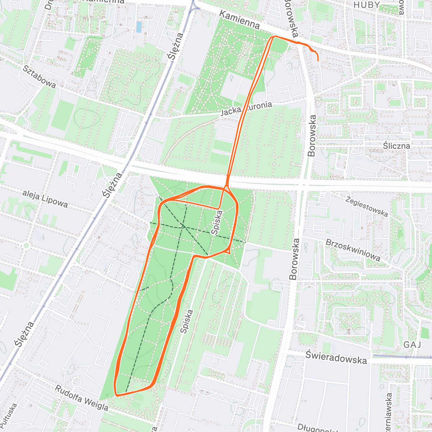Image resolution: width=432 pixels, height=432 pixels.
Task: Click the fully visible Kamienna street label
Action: (x=239, y=20)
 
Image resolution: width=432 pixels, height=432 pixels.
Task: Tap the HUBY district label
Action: (x=366, y=5)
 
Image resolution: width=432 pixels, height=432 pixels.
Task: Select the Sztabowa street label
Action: (x=39, y=76)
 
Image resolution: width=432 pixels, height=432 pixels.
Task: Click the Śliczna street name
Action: (x=396, y=146)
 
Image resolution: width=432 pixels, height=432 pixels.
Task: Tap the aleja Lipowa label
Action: (x=45, y=198)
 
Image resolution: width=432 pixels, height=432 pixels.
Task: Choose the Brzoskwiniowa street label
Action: (x=353, y=249)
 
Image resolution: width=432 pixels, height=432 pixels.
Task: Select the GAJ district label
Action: (x=412, y=345)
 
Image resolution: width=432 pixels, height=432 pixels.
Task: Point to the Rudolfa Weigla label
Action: (x=81, y=398)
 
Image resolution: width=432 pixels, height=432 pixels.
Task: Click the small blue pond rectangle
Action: (x=139, y=26)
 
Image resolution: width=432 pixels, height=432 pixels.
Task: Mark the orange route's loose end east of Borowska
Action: (x=318, y=61)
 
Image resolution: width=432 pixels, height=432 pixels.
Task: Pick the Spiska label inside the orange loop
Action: (x=217, y=223)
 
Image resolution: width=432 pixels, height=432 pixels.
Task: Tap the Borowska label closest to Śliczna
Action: (x=312, y=135)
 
